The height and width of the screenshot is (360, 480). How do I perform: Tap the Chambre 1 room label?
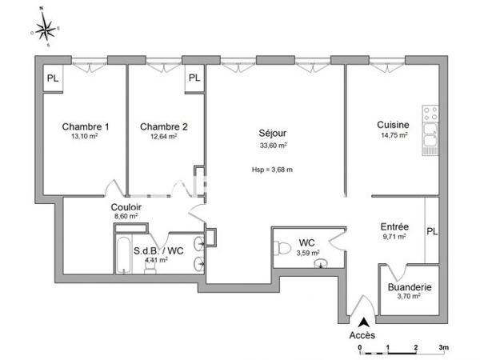pos(86,126)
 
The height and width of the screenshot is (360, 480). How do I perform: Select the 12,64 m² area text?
pos(163,136)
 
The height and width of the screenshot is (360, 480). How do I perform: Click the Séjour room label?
pos(273,133)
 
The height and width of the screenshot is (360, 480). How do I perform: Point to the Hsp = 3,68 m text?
pos(273,170)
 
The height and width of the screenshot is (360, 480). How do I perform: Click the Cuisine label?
pos(394,125)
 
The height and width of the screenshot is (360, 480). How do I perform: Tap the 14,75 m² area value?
pos(394,135)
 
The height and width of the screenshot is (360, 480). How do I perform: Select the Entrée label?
pos(394,226)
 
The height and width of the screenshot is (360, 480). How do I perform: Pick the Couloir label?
pos(126,206)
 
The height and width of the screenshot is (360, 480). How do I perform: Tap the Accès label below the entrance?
pos(362,335)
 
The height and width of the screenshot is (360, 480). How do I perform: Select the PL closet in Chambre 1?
pos(53,78)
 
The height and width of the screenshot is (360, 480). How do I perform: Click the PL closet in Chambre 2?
pos(194,78)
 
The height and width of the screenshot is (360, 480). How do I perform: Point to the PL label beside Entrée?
pos(432,233)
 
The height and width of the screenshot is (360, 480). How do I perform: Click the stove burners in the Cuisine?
pos(430,114)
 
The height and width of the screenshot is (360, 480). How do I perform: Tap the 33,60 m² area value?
pos(273,145)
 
